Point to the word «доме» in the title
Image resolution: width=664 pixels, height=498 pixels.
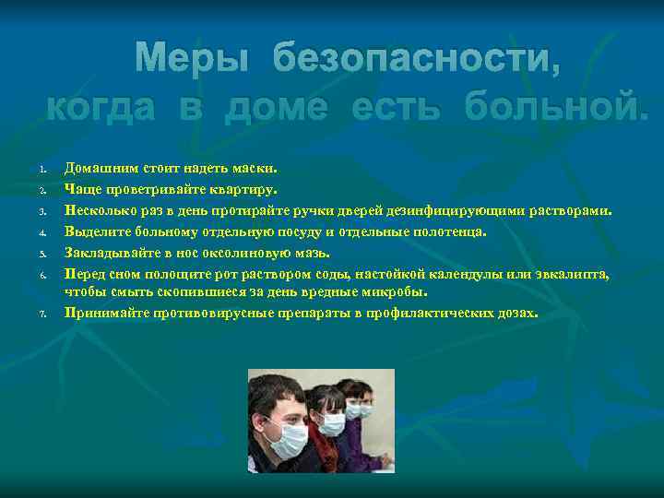(x=277, y=108)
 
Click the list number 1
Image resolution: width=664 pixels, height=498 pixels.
(x=42, y=170)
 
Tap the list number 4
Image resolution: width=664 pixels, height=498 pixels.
(x=42, y=233)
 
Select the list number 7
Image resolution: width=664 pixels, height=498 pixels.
(x=42, y=314)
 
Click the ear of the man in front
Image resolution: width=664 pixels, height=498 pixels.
(x=256, y=421)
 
